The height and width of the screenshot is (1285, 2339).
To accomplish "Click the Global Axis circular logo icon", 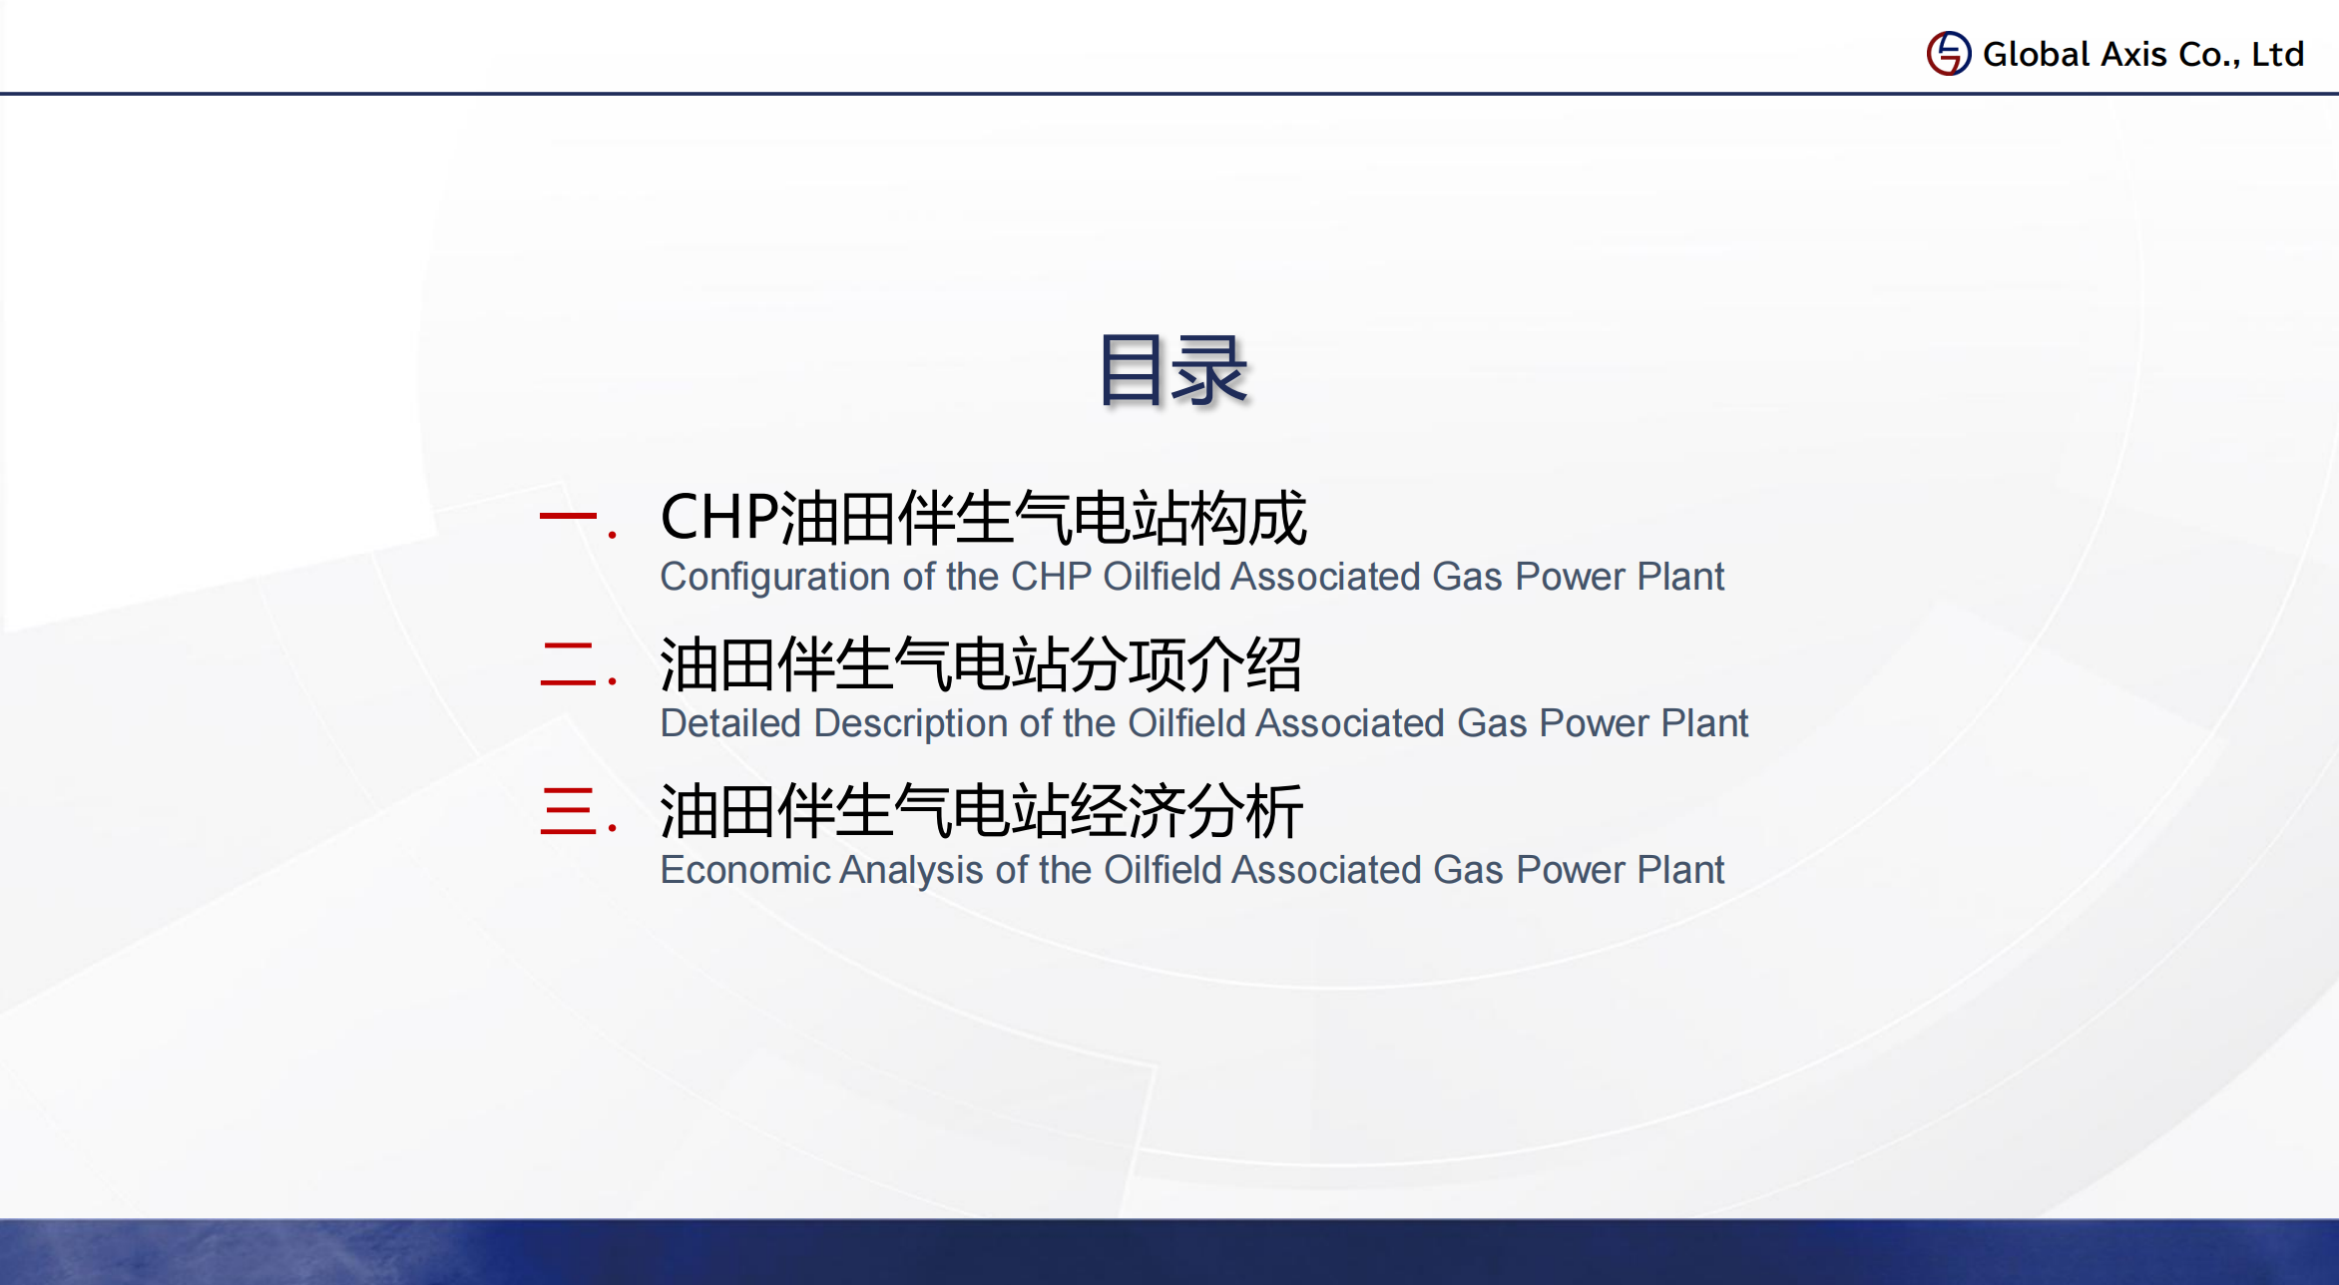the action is [x=1948, y=53].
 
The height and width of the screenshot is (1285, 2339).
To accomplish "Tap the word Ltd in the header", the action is [x=2278, y=54].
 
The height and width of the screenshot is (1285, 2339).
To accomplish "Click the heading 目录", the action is [x=1173, y=370].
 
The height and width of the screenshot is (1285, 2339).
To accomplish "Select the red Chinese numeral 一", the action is [x=567, y=516].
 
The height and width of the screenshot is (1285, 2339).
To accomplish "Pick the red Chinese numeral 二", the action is [x=568, y=663].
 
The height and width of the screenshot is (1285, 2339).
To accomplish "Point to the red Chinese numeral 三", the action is [x=568, y=810].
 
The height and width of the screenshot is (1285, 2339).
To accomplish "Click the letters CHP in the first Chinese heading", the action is [x=719, y=518].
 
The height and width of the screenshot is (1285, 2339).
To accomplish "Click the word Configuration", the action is [x=775, y=578].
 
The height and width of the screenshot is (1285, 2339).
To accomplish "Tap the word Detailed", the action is [x=730, y=723].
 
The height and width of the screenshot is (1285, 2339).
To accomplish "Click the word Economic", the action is [x=745, y=870].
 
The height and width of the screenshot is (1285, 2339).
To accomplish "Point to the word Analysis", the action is [x=912, y=871].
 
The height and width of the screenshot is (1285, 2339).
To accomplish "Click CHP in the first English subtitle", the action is [x=1051, y=577].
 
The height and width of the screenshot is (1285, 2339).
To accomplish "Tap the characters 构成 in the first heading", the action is [x=1248, y=518].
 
